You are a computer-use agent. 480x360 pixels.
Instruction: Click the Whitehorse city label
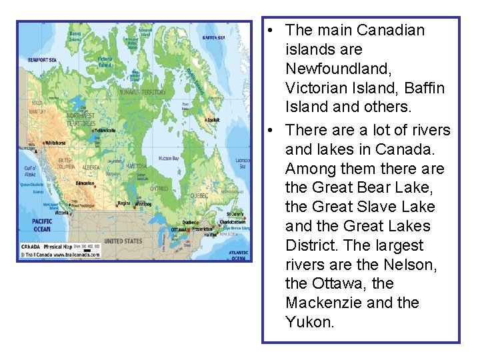[55, 143]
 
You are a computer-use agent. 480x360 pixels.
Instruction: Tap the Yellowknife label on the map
[105, 131]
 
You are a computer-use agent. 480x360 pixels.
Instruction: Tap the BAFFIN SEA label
[213, 38]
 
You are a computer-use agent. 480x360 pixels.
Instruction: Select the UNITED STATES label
[123, 241]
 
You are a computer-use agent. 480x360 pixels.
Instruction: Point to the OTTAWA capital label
[179, 229]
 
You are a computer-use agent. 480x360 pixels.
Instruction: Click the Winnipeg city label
[143, 203]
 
